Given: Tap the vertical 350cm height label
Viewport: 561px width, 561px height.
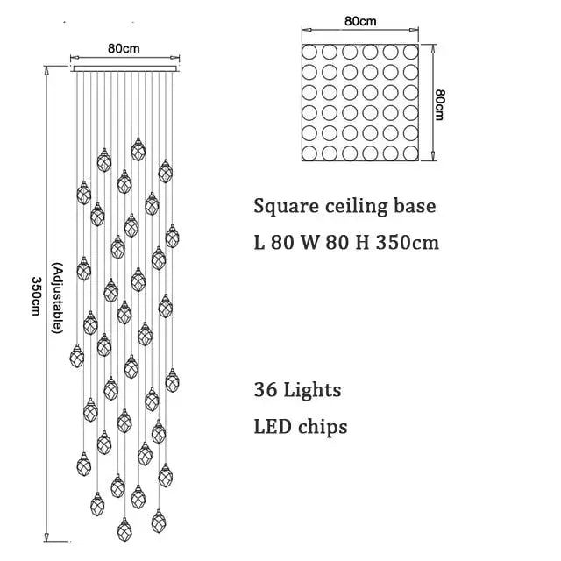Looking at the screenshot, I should pos(36,297).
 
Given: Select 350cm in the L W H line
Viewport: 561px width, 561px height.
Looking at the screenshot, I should pos(405,241).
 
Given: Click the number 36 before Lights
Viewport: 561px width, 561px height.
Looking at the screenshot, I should pos(266,388).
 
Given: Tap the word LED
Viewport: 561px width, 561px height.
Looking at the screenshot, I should pos(272,427).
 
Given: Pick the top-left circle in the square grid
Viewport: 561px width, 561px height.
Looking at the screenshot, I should pos(311,50).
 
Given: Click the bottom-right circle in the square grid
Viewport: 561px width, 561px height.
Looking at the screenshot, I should pos(412,153).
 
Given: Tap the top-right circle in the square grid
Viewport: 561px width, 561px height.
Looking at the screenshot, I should pos(412,50).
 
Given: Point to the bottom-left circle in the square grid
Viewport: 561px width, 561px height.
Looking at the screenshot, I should pos(311,153).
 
